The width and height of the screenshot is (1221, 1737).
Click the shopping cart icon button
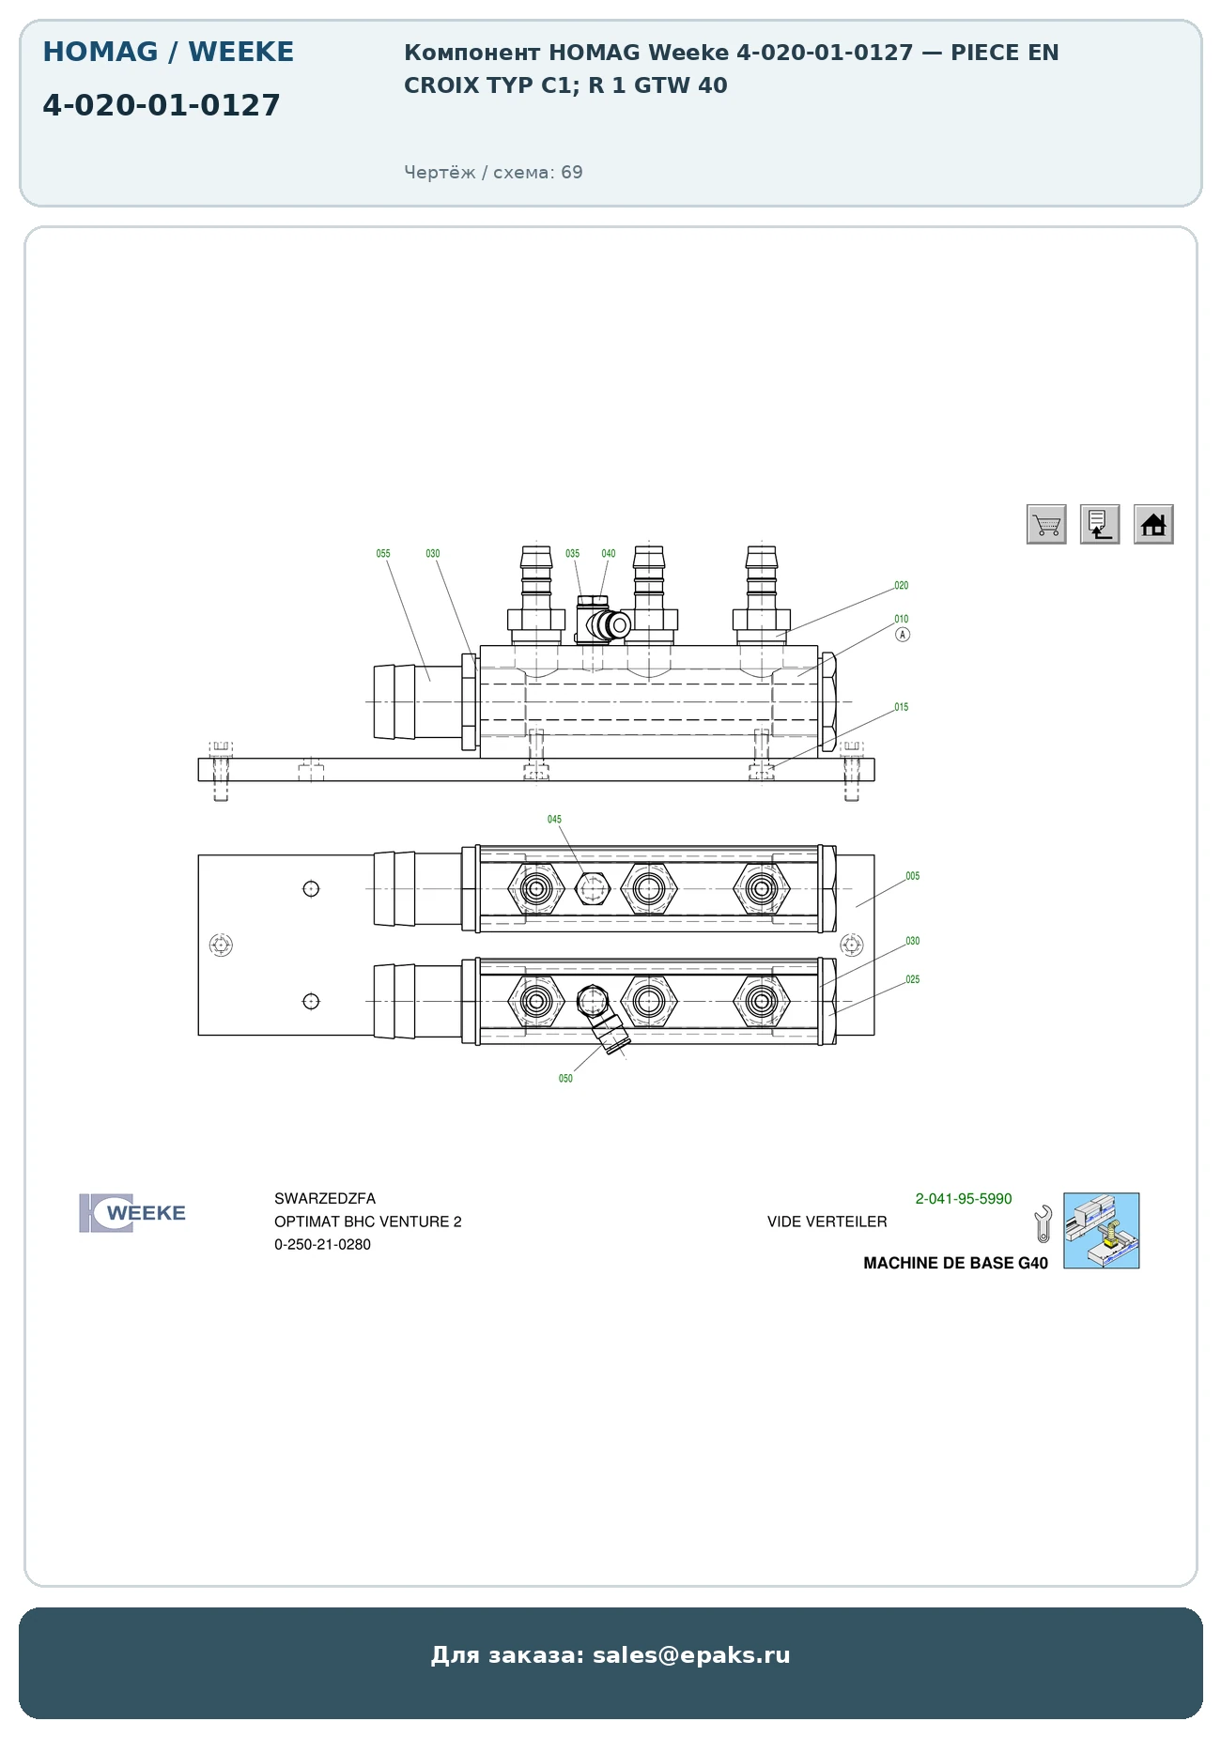coord(1046,524)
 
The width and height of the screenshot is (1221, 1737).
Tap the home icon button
coord(1153,524)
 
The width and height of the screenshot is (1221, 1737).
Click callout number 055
coord(383,554)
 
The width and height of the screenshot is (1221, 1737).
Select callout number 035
coord(573,554)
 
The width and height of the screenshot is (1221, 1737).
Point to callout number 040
coord(609,554)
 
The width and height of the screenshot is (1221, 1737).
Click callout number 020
coord(902,586)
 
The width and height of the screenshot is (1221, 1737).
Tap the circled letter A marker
coord(903,635)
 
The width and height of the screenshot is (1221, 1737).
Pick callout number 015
coord(902,707)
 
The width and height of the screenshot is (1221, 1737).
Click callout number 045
coord(555,820)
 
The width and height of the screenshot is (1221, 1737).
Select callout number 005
coord(913,876)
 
